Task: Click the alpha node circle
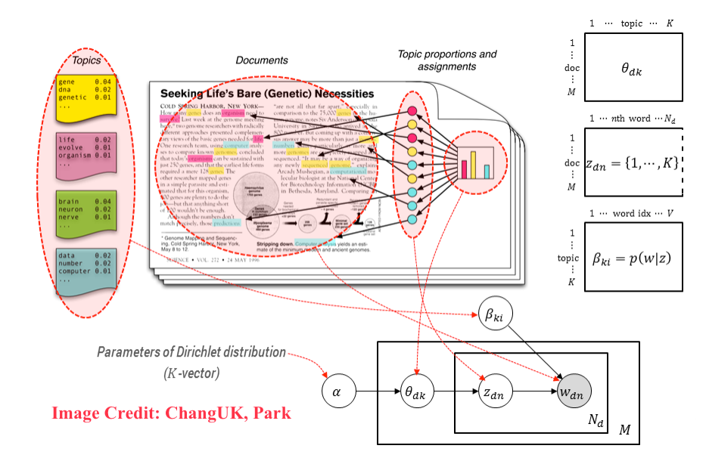point(337,393)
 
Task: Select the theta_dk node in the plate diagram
point(418,393)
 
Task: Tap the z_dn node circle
point(493,393)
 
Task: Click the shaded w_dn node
point(573,393)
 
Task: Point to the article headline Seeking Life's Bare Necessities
point(288,94)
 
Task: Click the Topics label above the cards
point(86,60)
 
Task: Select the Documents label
point(262,60)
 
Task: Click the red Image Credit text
point(171,413)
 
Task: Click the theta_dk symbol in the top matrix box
point(636,68)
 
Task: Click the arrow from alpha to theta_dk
point(377,393)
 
